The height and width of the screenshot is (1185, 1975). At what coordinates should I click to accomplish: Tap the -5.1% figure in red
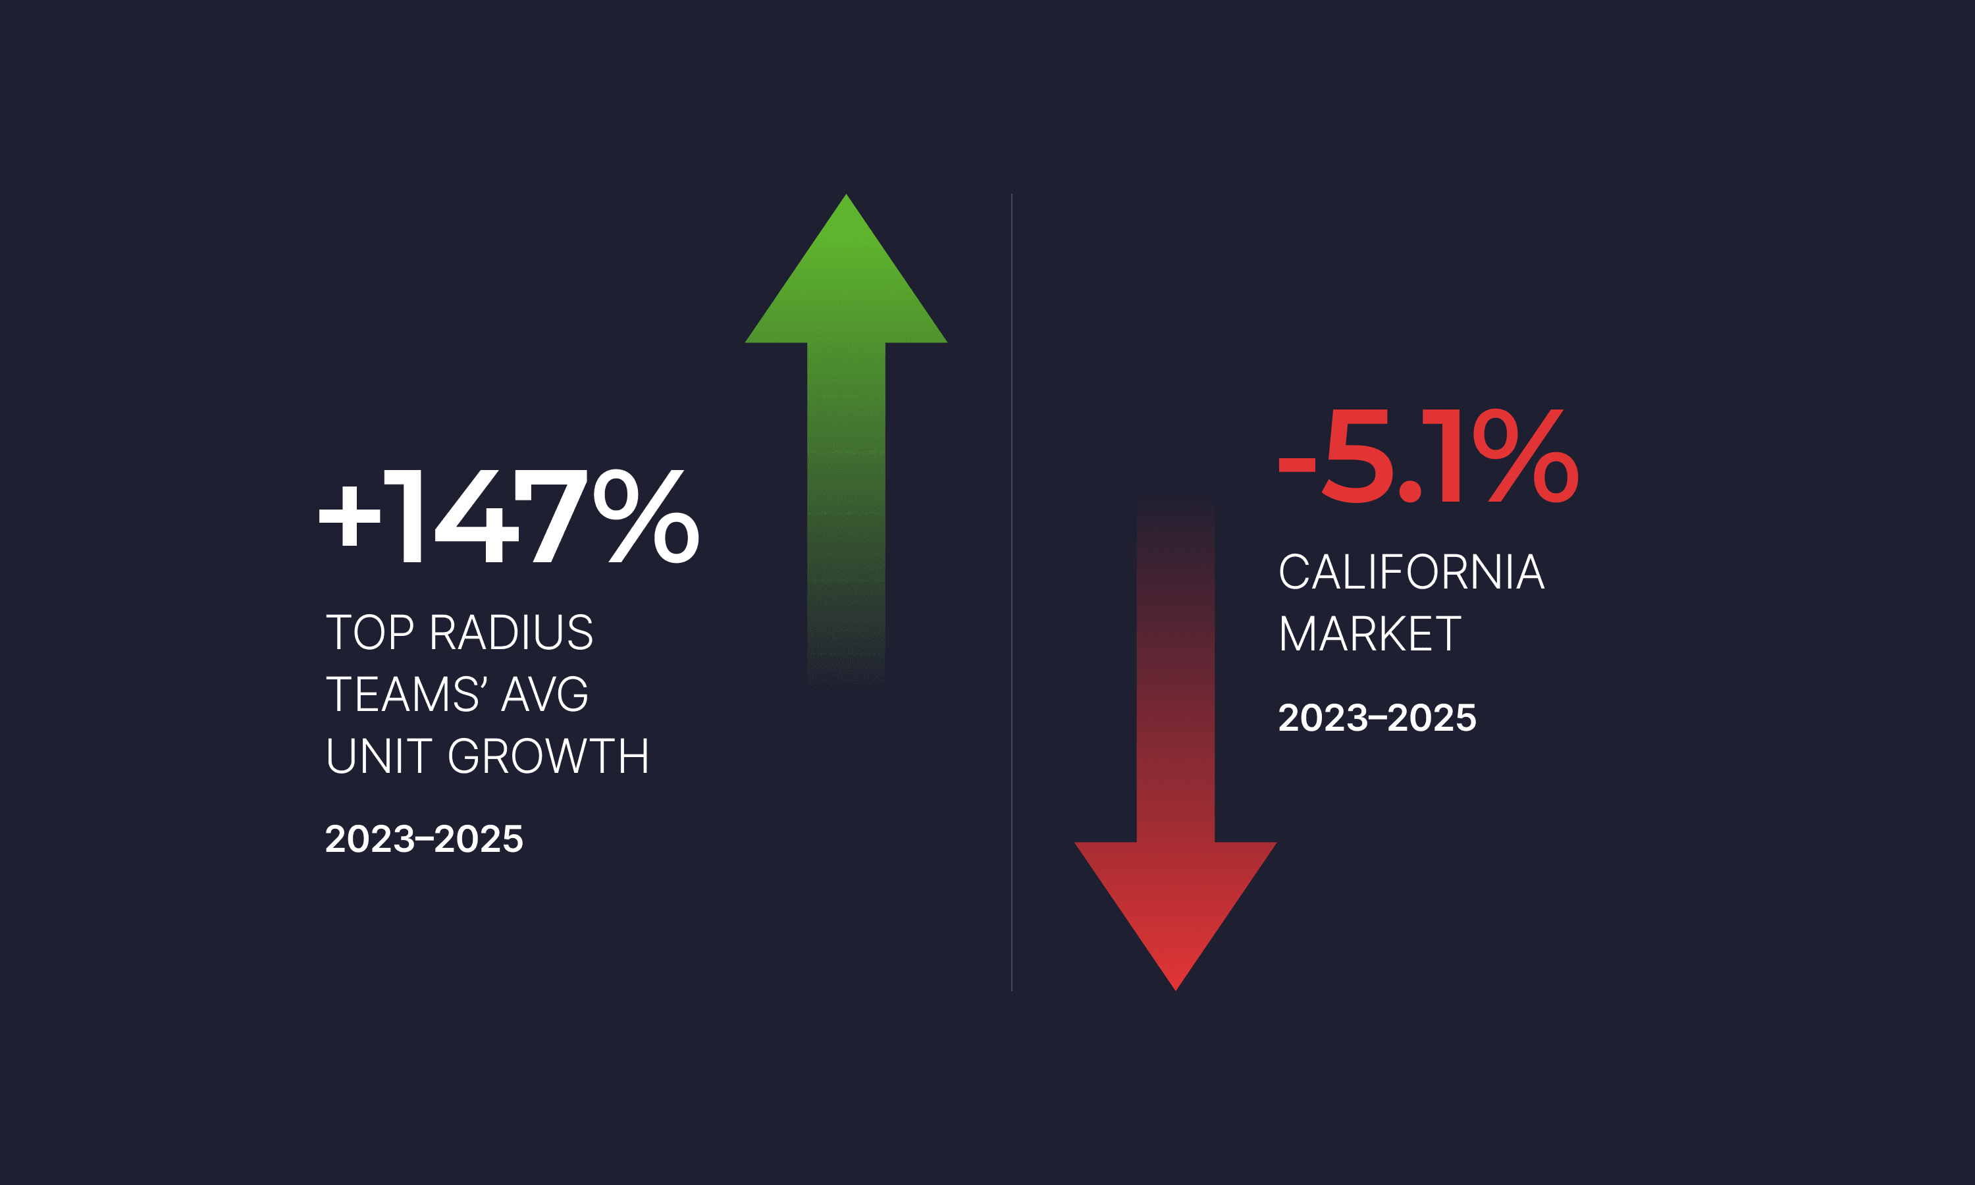(1427, 456)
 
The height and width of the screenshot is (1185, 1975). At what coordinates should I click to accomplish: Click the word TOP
(369, 633)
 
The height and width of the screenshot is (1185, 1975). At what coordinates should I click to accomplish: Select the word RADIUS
(511, 633)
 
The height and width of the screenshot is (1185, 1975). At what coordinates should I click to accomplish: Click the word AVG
(545, 694)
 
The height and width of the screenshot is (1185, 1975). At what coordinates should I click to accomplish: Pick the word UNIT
(379, 755)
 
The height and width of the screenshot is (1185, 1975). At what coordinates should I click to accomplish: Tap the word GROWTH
(548, 755)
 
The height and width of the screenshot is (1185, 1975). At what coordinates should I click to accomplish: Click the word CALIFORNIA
(1411, 571)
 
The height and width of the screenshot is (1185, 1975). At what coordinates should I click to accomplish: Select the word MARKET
(1370, 634)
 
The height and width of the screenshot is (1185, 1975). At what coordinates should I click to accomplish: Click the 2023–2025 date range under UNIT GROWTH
(424, 839)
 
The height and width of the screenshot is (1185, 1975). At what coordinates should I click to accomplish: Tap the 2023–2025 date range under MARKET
(1377, 718)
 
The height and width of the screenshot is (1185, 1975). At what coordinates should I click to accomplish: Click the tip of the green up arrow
(846, 198)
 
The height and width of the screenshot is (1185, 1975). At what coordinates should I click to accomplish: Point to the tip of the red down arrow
(1175, 987)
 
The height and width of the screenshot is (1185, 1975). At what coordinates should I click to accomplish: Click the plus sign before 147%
(350, 516)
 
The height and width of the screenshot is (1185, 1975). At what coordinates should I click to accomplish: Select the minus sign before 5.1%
(1296, 465)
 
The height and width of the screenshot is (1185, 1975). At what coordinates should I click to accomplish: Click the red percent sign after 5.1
(1525, 456)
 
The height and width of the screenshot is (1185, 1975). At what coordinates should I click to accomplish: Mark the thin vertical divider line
(1011, 591)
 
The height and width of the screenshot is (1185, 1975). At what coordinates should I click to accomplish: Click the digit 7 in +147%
(551, 516)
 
